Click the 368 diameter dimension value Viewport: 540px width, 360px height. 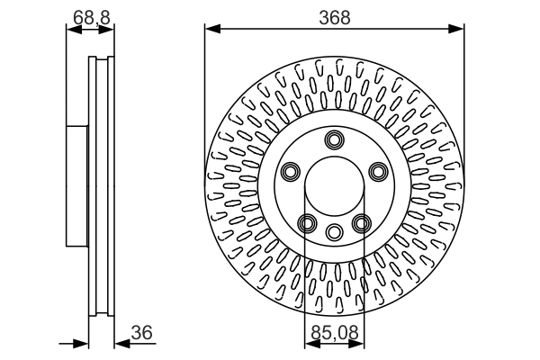pyautogui.click(x=334, y=17)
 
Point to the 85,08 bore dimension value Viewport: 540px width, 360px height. pyautogui.click(x=334, y=333)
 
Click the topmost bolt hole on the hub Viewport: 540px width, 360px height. pyautogui.click(x=335, y=139)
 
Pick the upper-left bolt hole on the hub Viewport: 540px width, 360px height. pyautogui.click(x=291, y=172)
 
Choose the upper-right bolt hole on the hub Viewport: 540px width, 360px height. pyautogui.click(x=378, y=172)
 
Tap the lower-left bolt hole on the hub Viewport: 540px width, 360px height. pyautogui.click(x=307, y=223)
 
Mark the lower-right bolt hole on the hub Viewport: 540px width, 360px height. pyautogui.click(x=362, y=223)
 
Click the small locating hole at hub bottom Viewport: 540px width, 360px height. pyautogui.click(x=335, y=231)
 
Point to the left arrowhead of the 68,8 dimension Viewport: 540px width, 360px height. pyautogui.click(x=72, y=30)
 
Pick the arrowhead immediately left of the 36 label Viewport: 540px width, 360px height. pyautogui.click(x=121, y=343)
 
